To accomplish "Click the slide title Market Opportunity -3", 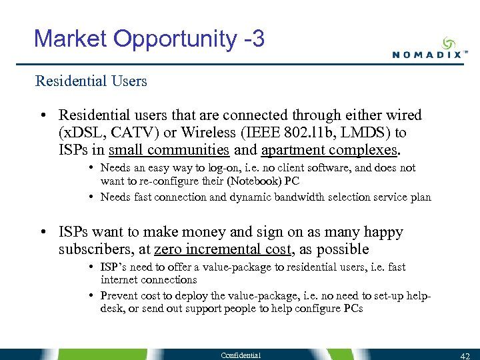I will click(149, 39).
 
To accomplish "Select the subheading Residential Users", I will click(91, 81).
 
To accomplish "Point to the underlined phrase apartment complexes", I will click(329, 149).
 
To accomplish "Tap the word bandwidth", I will click(299, 197).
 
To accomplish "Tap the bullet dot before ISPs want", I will click(43, 233).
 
